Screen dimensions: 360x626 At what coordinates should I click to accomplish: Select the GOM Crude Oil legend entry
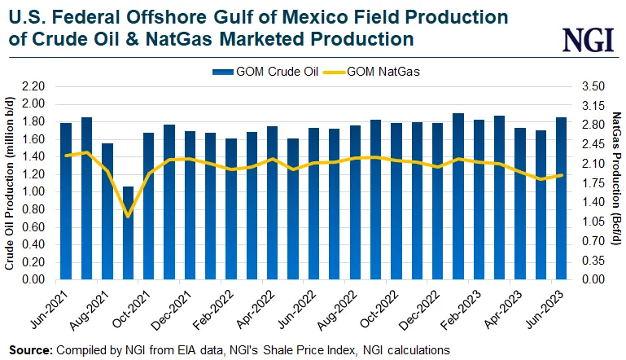(x=260, y=72)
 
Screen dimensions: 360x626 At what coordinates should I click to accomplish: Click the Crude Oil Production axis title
(x=9, y=183)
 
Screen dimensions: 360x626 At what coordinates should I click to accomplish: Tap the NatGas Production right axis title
(x=616, y=183)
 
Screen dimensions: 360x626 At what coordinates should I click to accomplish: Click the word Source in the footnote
(x=30, y=349)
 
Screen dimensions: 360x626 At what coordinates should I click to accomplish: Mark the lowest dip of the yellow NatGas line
(x=128, y=216)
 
